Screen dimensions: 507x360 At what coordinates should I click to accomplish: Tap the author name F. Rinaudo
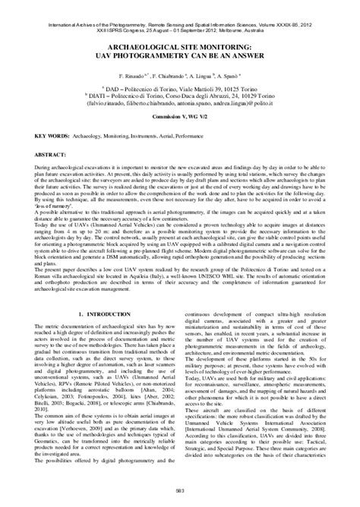point(134,56)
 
